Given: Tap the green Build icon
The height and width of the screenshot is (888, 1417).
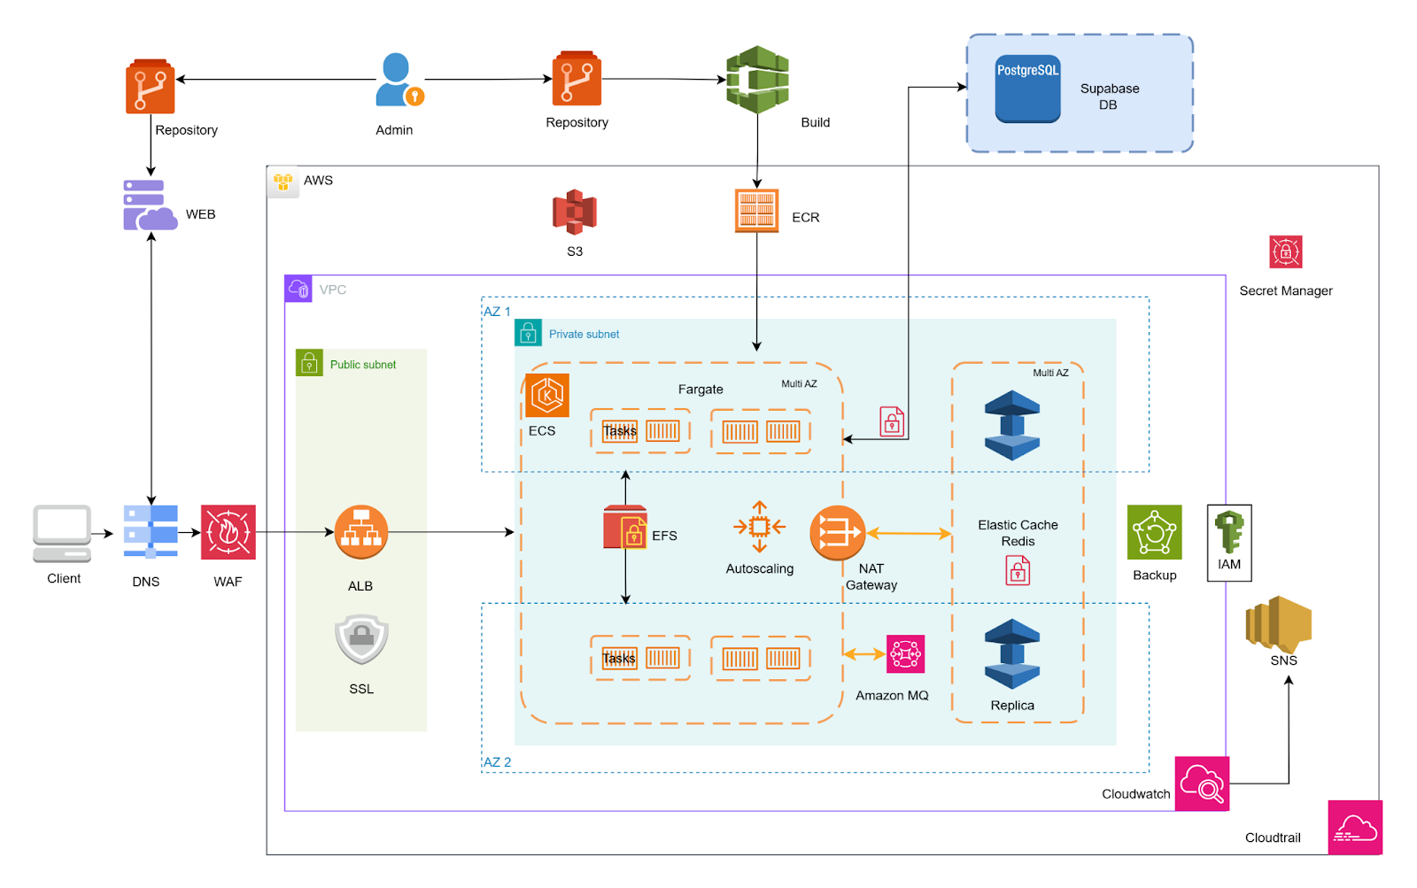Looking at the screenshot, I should (757, 80).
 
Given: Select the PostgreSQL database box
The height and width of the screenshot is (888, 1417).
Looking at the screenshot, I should (1027, 89).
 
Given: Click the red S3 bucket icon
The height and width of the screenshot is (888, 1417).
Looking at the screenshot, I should (575, 212).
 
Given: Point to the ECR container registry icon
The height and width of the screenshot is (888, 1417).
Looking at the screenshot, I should (756, 211).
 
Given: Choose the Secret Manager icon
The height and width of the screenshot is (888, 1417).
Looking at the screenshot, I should (1285, 252).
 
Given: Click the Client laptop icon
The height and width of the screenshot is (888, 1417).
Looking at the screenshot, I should (62, 533).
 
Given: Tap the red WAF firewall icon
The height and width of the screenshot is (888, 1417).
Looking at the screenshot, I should (228, 532).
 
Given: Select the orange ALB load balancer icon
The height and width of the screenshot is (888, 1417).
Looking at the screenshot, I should (361, 532).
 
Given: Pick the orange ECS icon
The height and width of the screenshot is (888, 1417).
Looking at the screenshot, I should (547, 395).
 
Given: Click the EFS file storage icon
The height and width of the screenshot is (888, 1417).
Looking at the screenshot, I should (625, 528).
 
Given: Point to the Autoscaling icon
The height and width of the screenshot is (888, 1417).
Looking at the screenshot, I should (759, 527).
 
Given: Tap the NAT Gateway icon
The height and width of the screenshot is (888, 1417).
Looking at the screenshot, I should (837, 533).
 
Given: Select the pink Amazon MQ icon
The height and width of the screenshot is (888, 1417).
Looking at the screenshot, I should (905, 654).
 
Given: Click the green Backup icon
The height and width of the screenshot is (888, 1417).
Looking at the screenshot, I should (1154, 532).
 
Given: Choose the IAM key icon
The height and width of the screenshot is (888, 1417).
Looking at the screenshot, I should (1229, 532).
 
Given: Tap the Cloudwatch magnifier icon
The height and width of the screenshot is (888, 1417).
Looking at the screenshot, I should (1202, 784).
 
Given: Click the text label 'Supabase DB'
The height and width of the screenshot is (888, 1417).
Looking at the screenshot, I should (1110, 97).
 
